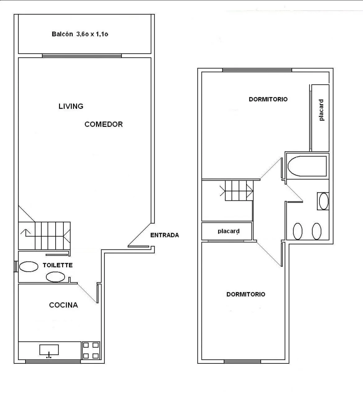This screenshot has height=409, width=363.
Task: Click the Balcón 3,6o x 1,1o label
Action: point(80,34)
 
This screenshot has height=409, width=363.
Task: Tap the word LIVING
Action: point(71,106)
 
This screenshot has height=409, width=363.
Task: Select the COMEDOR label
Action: point(104,124)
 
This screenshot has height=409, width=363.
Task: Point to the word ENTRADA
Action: point(165,235)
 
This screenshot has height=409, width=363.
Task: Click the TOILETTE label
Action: point(58,265)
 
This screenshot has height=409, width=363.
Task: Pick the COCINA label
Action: point(64,305)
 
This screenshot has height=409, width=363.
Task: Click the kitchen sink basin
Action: point(49,350)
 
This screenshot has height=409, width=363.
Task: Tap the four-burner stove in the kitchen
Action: point(91,350)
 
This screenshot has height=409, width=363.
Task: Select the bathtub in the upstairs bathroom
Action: point(307,166)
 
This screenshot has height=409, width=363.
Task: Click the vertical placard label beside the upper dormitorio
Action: point(321,110)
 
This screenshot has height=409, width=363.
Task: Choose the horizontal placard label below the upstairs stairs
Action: point(229,231)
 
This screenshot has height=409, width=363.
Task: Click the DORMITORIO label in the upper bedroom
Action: point(268,99)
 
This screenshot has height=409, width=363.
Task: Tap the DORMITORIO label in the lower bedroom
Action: point(246,294)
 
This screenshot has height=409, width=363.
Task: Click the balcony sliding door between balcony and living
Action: point(82,56)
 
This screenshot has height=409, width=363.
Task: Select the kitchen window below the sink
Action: point(53,362)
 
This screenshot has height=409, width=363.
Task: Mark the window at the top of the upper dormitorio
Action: point(257,70)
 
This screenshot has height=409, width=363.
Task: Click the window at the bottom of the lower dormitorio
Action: point(243,362)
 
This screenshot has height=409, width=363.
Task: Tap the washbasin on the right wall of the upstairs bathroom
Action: point(324,201)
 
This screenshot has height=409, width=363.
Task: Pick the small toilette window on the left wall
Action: point(16,266)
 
